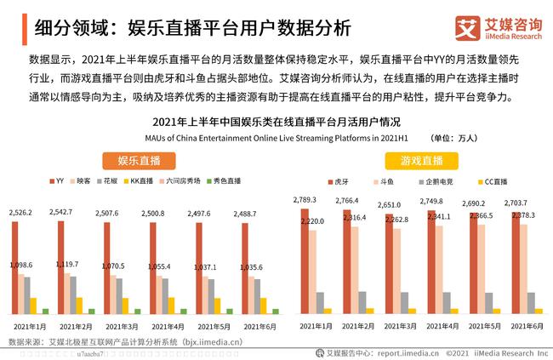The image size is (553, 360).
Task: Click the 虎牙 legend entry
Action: point(338,181)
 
